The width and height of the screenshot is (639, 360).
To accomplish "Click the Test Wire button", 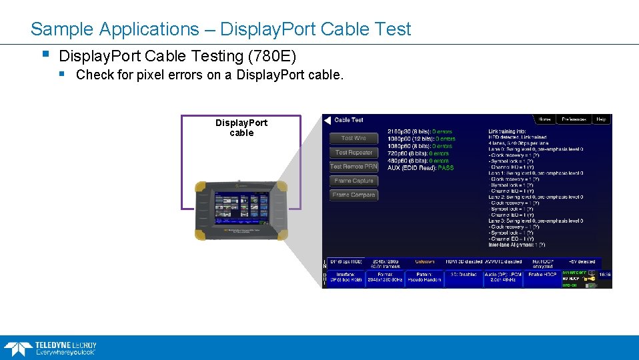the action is [354, 138].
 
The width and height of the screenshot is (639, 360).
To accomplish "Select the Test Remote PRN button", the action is [354, 167].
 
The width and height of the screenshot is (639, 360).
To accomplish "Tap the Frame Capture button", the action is [354, 181].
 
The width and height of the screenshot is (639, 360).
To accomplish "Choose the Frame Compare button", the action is [354, 195].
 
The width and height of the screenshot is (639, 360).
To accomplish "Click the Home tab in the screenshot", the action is [545, 119].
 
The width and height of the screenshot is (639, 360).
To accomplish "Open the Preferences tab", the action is [574, 119].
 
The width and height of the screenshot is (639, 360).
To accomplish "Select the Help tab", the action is [601, 119].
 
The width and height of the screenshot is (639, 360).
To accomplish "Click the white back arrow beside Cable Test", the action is [327, 120].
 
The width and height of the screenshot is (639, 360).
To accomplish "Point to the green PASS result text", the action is [446, 168].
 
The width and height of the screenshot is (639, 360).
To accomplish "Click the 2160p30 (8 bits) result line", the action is [420, 131].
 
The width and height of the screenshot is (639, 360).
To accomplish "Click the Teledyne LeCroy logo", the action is [50, 348].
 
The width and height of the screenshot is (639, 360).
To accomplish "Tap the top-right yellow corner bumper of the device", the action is [282, 187].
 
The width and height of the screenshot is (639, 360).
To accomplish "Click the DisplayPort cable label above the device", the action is [241, 127].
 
